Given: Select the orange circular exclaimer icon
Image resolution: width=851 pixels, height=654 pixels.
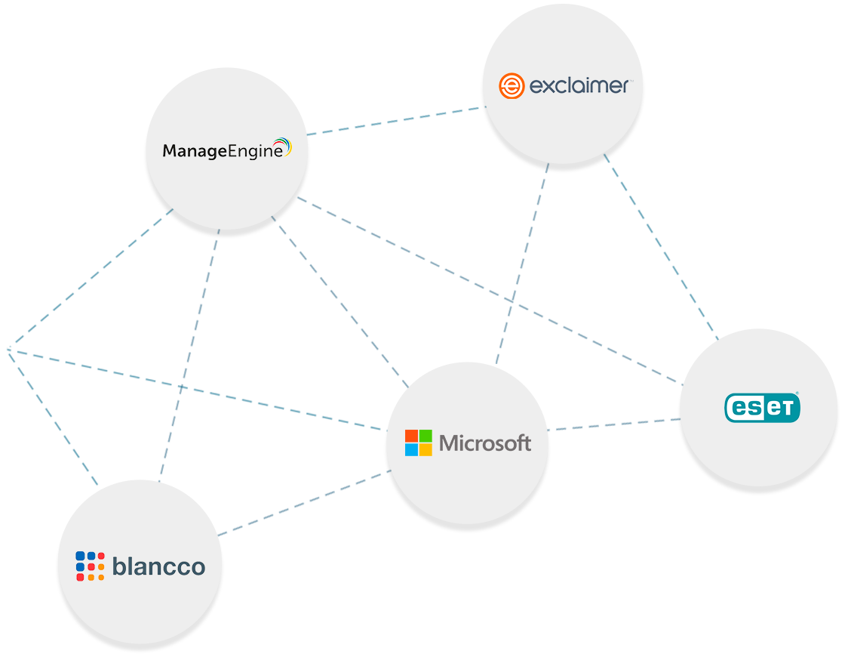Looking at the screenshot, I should tap(511, 86).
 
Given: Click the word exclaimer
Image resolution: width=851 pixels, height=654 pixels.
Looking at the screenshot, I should tap(579, 86).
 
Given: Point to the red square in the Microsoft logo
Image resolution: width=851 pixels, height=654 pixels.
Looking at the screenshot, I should tap(411, 436).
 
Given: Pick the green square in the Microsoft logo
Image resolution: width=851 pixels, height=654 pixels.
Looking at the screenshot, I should tap(425, 436).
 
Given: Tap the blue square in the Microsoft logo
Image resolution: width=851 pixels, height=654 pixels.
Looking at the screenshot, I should tap(411, 449).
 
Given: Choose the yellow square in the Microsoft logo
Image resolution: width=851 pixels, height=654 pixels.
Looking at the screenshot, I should tap(425, 449).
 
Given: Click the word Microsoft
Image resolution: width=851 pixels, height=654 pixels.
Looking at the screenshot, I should tap(485, 443).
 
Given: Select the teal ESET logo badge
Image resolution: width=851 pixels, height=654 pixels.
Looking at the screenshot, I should tap(762, 408).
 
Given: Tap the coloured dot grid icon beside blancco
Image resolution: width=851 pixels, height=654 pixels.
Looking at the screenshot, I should tap(90, 566).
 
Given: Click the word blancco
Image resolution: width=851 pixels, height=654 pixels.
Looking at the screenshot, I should tap(158, 566).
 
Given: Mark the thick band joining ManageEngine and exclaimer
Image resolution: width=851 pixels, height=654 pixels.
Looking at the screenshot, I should tap(396, 121).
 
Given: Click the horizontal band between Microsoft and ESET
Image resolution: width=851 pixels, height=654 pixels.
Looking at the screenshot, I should tap(615, 424).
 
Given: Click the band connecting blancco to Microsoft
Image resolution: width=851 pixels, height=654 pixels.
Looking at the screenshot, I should tap(302, 502).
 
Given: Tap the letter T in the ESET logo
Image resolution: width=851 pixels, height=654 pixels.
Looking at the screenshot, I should tap(785, 409).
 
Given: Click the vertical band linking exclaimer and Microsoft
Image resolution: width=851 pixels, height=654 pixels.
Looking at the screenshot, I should tap(526, 264).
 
